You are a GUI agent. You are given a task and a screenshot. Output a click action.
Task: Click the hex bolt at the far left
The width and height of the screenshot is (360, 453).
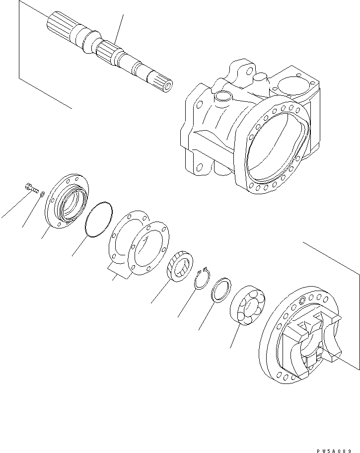coord(30,188)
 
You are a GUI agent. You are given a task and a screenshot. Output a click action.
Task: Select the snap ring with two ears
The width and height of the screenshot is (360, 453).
coord(202,281)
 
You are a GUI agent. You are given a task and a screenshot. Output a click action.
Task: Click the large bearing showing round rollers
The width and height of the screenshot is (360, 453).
coord(247,305)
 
